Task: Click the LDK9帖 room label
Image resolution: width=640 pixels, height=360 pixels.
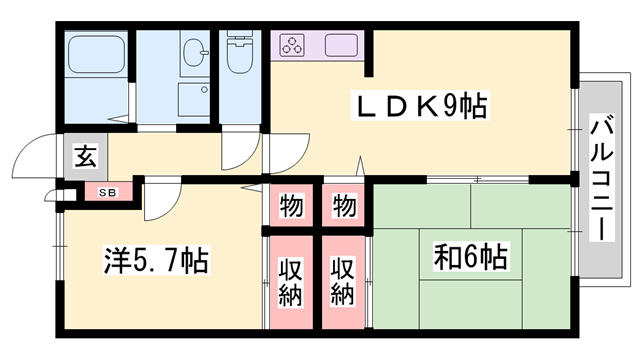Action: [x=418, y=106]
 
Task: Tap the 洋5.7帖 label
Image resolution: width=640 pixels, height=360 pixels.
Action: [x=155, y=262]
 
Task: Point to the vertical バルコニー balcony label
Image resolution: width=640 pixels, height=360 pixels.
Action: [x=601, y=177]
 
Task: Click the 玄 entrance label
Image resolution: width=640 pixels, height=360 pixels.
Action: [x=85, y=157]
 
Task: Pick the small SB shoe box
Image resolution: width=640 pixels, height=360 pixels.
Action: [x=104, y=190]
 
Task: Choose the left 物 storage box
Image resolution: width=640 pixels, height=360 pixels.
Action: [x=291, y=207]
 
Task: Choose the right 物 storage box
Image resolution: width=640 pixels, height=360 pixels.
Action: [x=344, y=207]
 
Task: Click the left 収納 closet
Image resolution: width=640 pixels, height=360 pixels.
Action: [x=291, y=282]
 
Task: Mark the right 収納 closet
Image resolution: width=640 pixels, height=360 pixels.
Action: [x=344, y=282]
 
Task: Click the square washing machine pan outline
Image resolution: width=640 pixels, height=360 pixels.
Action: [x=195, y=100]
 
